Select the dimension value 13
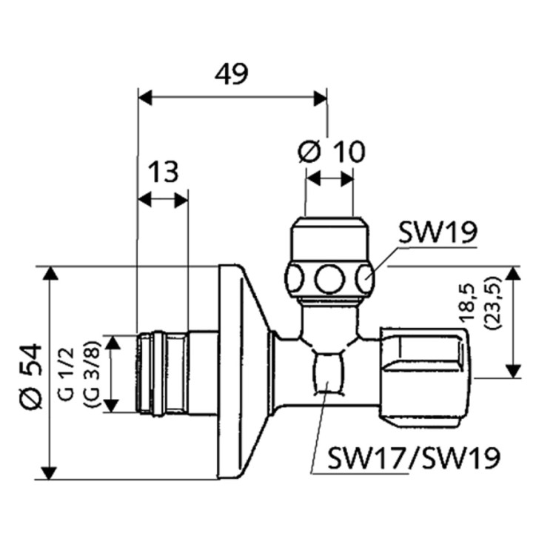(x=163, y=172)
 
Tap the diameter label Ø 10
(x=331, y=152)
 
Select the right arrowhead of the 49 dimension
(x=321, y=98)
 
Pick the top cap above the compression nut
(x=329, y=237)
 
